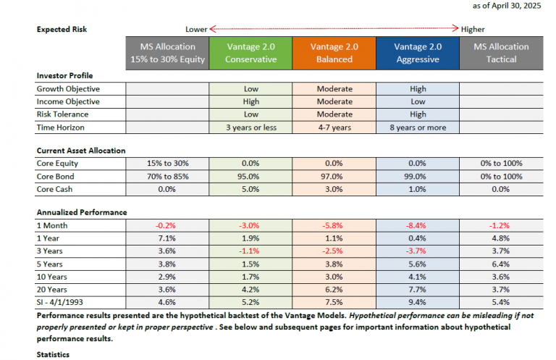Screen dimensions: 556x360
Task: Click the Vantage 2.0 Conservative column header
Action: point(250,53)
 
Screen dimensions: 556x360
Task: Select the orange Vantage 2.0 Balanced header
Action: point(334,53)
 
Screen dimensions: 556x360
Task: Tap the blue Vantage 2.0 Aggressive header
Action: point(418,53)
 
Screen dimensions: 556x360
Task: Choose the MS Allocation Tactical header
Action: point(502,53)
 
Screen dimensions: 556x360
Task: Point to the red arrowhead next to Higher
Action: point(455,28)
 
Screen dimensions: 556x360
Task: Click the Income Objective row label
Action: point(68,102)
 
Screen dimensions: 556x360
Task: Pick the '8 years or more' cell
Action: point(418,127)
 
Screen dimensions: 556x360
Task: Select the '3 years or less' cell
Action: point(251,127)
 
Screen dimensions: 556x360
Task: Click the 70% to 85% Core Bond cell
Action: point(168,176)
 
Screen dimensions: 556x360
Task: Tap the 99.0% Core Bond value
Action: point(417,176)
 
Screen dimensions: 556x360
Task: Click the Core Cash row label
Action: point(54,189)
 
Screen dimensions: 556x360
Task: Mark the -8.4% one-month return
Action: point(416,225)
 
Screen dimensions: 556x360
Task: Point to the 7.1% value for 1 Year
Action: point(167,238)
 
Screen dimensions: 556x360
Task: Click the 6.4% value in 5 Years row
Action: point(501,264)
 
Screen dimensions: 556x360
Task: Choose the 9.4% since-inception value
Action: point(417,302)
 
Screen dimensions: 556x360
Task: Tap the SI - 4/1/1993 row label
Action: point(59,302)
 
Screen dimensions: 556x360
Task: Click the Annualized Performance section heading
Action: point(82,212)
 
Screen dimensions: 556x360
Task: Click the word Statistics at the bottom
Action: point(53,355)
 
